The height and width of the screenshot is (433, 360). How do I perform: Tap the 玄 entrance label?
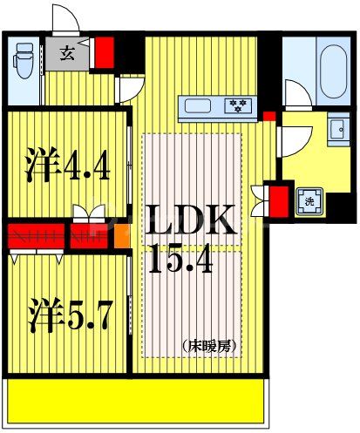coord(67,53)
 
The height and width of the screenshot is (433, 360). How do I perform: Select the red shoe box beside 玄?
coord(104,52)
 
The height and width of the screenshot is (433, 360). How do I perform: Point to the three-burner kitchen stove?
coord(238,106)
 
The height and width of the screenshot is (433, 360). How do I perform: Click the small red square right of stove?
coord(268,115)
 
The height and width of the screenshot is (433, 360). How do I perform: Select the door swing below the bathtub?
coord(294,94)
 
